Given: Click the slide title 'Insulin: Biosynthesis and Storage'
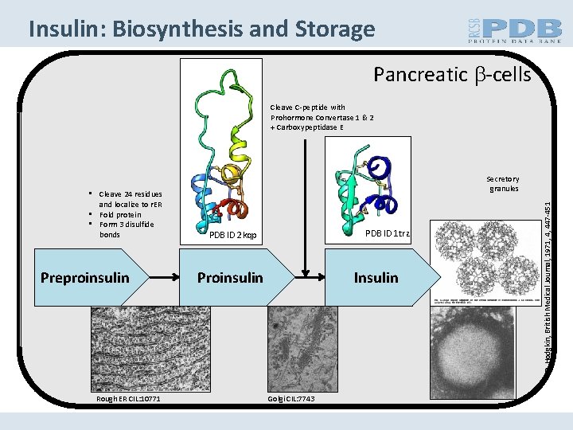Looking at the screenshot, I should (x=201, y=29).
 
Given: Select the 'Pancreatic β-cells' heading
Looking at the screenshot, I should (x=452, y=75).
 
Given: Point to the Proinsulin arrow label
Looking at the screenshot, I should (x=230, y=277).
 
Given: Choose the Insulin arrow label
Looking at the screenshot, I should (x=376, y=277).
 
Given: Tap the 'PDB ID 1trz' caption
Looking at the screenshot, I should (x=387, y=233).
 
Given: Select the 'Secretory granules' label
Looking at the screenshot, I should (x=503, y=184).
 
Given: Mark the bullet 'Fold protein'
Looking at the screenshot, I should (x=120, y=214).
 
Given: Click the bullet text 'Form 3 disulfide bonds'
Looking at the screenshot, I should (x=127, y=229).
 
